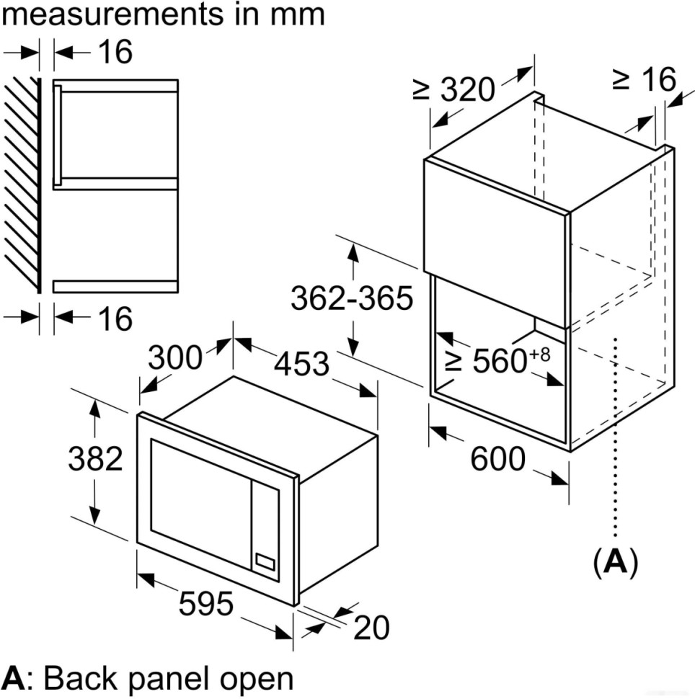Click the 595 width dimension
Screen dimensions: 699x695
[206, 603]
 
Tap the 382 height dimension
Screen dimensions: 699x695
[95, 458]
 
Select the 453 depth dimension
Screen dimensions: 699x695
[302, 363]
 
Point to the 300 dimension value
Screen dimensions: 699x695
[174, 357]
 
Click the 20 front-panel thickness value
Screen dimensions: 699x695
[371, 628]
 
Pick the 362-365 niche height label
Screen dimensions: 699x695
[352, 298]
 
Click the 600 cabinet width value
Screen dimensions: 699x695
[497, 458]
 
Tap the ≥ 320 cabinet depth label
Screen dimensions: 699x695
[454, 89]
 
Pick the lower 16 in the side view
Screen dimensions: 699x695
[114, 318]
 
